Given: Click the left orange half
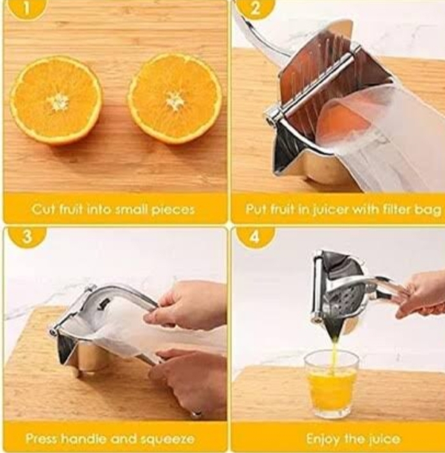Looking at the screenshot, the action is (56, 101).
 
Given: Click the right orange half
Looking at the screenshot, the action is (175, 99).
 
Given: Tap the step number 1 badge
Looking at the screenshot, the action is (26, 9).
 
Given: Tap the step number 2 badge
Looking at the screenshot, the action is (254, 9).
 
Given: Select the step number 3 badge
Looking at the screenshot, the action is (27, 237).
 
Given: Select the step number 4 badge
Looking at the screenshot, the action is (254, 237).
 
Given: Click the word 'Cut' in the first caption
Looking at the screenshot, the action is (42, 209).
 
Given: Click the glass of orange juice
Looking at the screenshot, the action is (331, 383).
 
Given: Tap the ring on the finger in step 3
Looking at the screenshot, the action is (197, 413).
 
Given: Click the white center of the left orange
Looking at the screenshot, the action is (58, 101).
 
